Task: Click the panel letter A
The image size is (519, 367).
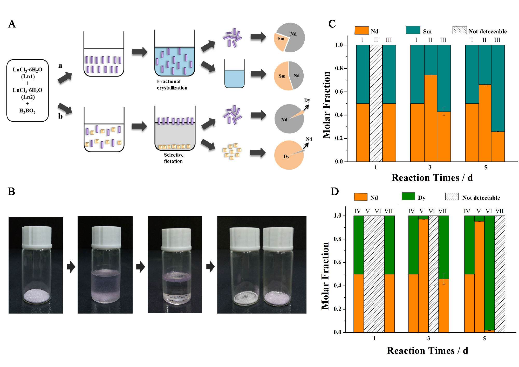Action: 12,24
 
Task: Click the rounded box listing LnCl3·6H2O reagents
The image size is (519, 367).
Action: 28,90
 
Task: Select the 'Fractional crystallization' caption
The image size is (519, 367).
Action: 172,85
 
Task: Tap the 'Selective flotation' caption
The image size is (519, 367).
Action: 173,158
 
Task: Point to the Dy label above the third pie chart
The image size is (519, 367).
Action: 307,100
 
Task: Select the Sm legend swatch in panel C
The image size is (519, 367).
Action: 413,30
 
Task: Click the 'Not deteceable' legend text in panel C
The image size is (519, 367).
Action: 487,31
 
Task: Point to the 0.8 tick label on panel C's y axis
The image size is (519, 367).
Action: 339,68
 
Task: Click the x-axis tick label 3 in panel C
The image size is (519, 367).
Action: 430,168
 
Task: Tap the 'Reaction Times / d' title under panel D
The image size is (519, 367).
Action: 427,351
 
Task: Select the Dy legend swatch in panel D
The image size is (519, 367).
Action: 408,196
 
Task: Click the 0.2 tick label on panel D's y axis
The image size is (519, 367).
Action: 338,309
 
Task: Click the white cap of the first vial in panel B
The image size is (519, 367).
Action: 37,236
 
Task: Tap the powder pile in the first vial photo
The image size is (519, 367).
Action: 36,296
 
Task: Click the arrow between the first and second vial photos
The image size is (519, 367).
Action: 71,267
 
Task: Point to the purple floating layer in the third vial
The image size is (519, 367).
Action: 176,277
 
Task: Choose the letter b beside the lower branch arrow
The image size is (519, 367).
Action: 60,116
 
